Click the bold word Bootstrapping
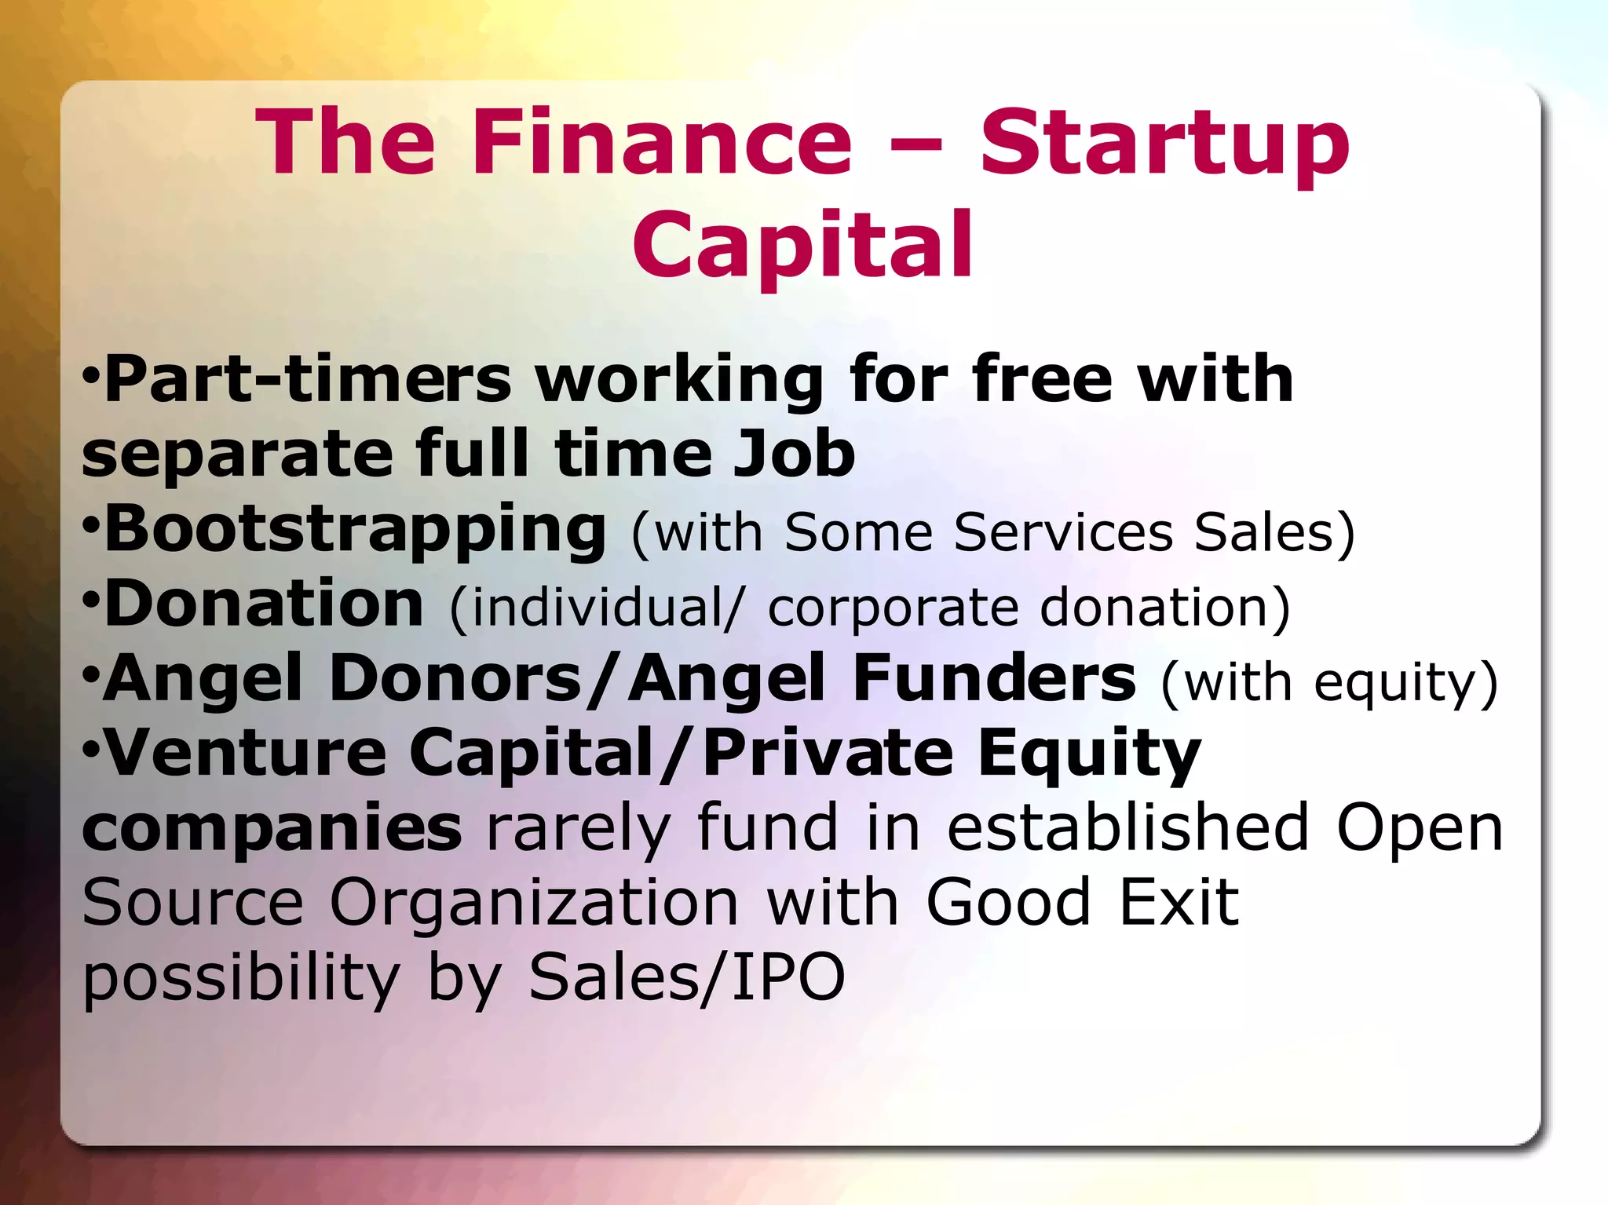pyautogui.click(x=355, y=529)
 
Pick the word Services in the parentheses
pyautogui.click(x=1063, y=532)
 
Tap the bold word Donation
pyautogui.click(x=264, y=604)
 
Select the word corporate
pyautogui.click(x=893, y=608)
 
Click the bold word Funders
pyautogui.click(x=994, y=678)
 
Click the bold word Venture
pyautogui.click(x=246, y=753)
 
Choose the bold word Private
pyautogui.click(x=828, y=753)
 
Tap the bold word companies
pyautogui.click(x=272, y=827)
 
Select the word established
pyautogui.click(x=1127, y=827)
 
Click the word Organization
pyautogui.click(x=534, y=903)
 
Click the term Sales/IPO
pyautogui.click(x=687, y=977)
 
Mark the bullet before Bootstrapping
pyautogui.click(x=90, y=522)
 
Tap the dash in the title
pyautogui.click(x=915, y=144)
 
